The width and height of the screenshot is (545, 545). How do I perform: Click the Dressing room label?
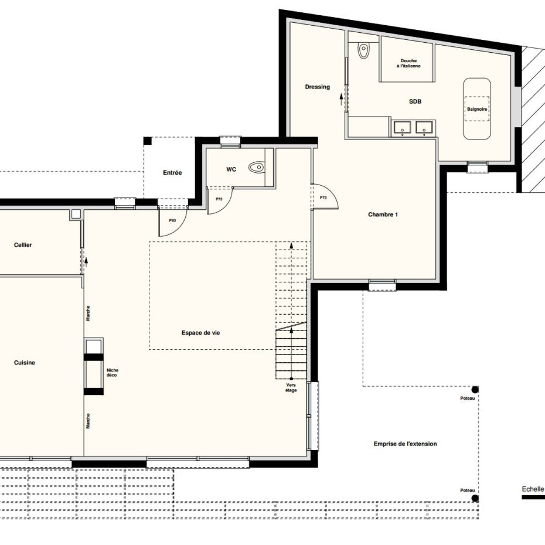[318, 87]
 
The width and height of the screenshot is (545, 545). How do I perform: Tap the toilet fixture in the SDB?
[363, 51]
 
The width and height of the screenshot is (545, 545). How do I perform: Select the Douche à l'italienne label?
[408, 63]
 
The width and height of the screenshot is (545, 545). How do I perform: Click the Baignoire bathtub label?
[477, 109]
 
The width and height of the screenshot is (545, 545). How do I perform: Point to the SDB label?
[415, 101]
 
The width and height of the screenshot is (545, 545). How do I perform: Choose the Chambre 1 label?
[383, 214]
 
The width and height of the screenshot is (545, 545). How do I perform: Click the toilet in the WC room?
[257, 168]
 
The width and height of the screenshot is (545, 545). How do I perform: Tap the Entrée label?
[172, 173]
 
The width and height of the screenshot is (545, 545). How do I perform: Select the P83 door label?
[172, 220]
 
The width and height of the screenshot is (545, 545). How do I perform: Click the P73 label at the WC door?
[219, 199]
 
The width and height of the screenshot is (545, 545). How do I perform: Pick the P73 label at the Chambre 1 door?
[323, 197]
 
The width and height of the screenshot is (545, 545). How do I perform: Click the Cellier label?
[23, 245]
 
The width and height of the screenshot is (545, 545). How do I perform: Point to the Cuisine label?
[25, 363]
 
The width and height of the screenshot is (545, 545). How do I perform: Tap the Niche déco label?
[113, 373]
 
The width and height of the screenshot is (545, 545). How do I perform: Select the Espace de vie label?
[200, 333]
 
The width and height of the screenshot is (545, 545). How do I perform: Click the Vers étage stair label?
[291, 387]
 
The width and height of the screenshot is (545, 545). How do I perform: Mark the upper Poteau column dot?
[475, 390]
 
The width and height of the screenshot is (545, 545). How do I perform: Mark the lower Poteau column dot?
[475, 498]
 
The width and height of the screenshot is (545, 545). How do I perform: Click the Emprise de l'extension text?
[406, 444]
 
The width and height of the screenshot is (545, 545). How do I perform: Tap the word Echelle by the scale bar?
[533, 489]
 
